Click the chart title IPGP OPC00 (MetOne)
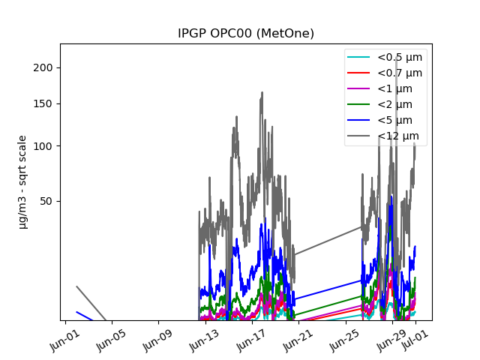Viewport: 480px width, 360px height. click(245, 34)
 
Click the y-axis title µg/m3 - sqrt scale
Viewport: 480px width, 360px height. click(23, 181)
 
